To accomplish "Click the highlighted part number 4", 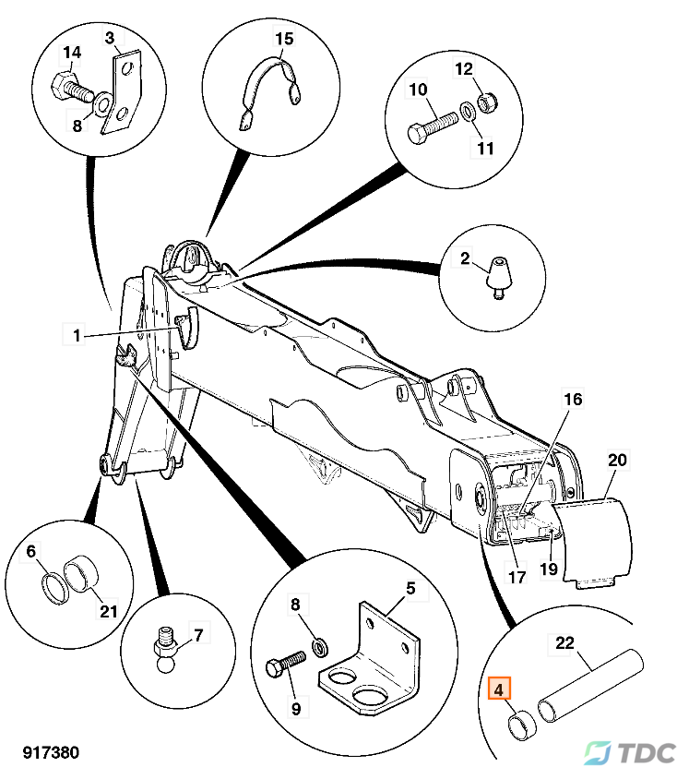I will coord(498,689).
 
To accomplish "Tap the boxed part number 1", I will coord(77,335).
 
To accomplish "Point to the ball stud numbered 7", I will coord(161,646).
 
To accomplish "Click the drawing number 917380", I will coord(45,753).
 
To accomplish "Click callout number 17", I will coord(517,578).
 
